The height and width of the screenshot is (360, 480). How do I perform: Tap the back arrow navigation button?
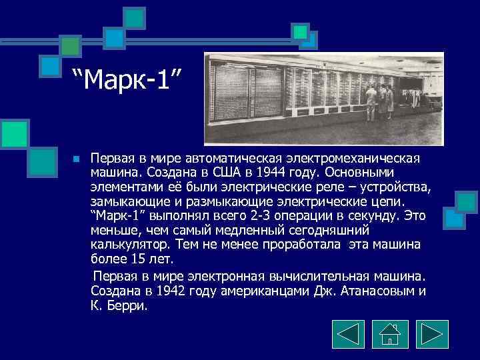tap(347, 334)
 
